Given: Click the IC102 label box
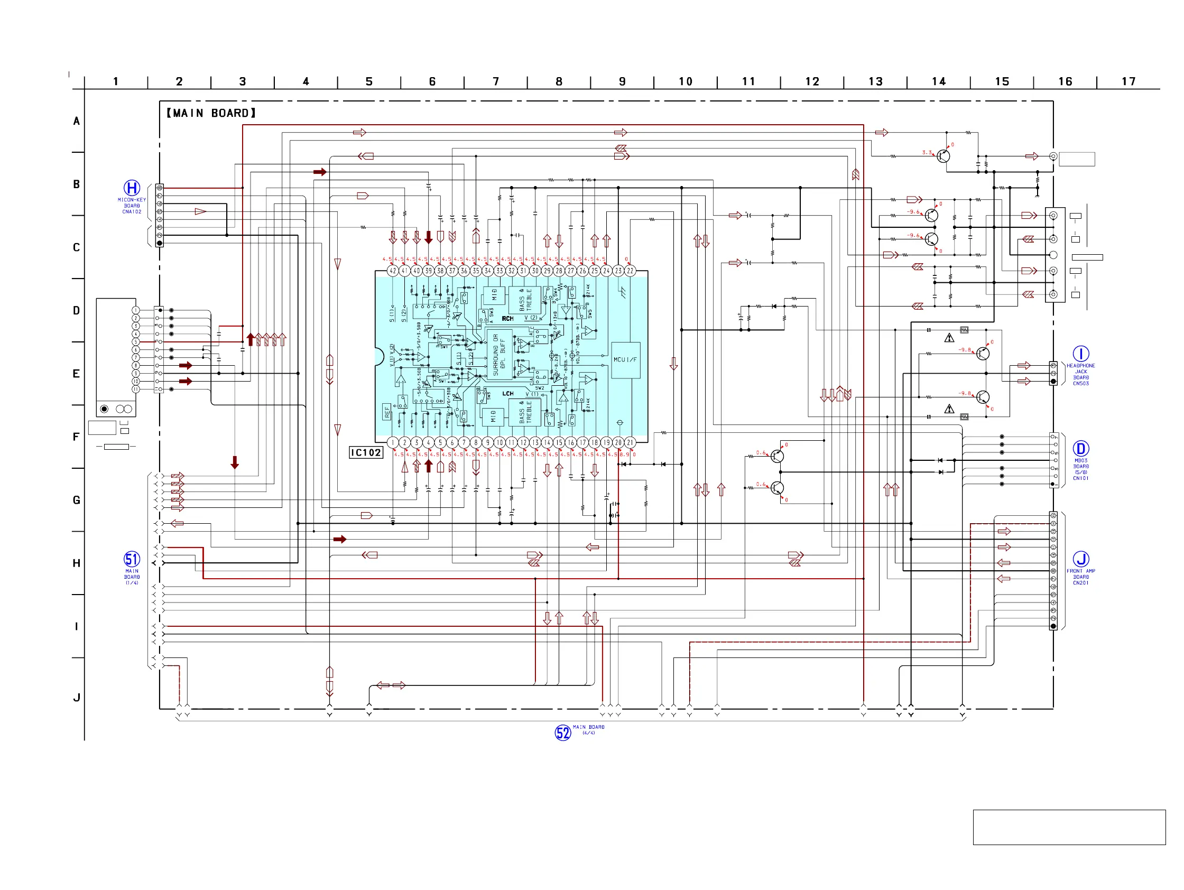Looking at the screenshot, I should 366,453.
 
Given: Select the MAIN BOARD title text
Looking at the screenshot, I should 211,113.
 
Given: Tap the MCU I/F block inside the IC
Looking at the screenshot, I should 625,360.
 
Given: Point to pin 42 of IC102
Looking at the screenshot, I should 393,271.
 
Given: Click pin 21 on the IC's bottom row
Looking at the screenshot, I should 630,442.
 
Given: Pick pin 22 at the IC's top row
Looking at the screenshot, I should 630,271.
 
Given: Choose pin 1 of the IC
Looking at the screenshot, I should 393,442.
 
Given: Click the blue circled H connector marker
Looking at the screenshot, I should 132,188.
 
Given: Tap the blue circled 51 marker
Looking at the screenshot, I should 132,559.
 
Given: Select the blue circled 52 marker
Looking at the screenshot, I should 562,733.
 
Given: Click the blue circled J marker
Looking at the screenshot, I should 1081,559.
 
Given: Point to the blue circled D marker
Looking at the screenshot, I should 1081,449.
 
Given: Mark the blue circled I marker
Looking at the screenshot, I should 1081,354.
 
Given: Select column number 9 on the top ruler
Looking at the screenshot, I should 622,81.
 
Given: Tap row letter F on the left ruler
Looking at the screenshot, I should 76,437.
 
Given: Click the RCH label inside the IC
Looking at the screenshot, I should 507,319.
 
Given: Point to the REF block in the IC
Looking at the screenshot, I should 387,412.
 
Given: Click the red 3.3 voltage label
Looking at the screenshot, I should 927,153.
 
